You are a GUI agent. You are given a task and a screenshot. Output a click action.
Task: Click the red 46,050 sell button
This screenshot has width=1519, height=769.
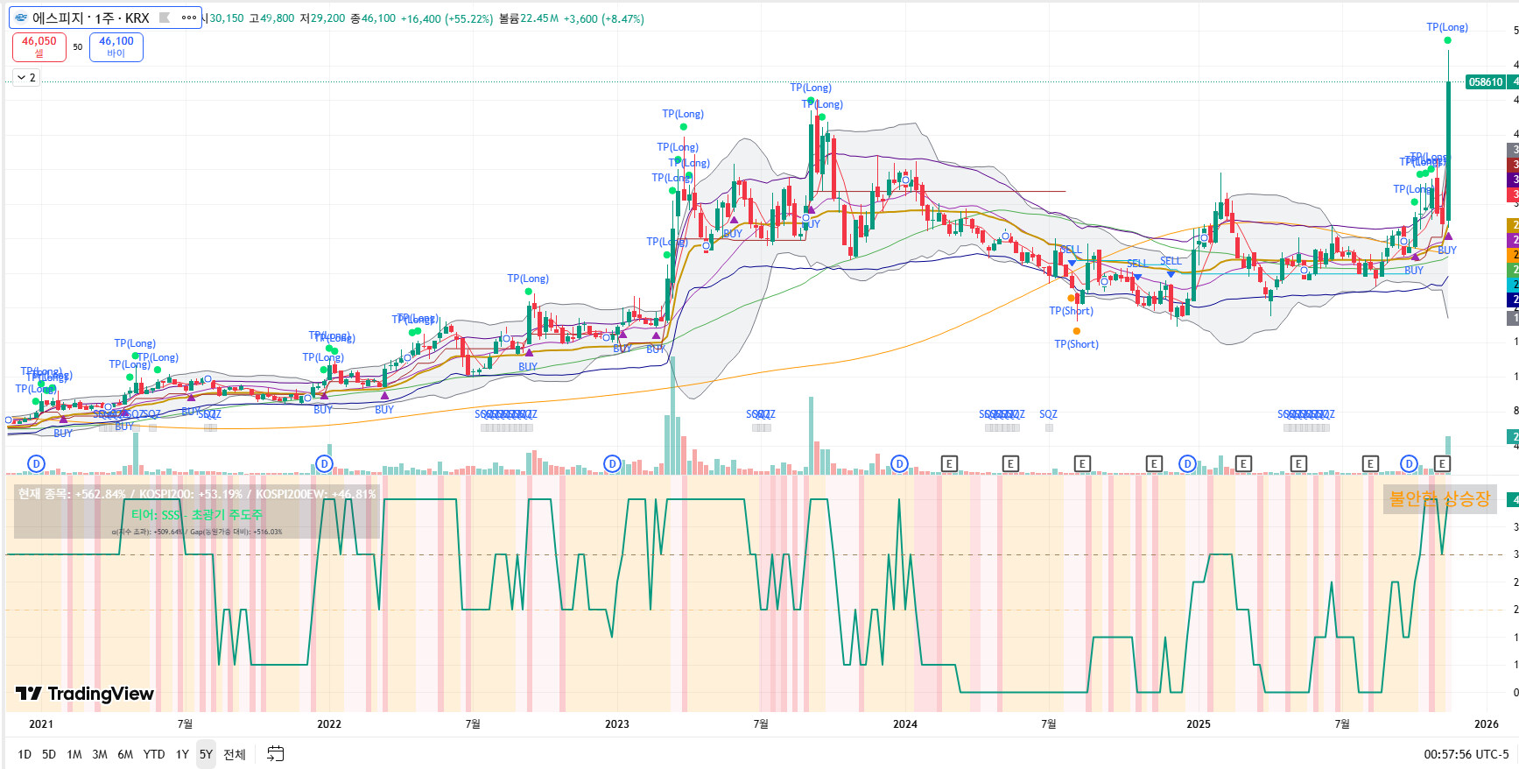(x=39, y=46)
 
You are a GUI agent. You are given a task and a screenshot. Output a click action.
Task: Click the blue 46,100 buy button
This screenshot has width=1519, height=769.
(x=116, y=46)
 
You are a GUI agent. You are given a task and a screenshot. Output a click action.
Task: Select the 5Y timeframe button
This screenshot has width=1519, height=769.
(x=206, y=754)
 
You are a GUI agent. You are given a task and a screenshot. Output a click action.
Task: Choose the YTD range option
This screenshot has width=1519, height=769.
(x=154, y=754)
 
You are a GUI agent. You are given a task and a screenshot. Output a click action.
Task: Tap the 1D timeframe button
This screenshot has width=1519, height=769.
(x=25, y=754)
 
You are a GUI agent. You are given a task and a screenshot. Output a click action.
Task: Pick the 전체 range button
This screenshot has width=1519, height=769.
(x=235, y=754)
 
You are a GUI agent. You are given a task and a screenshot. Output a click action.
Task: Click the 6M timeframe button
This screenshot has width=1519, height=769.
(x=125, y=754)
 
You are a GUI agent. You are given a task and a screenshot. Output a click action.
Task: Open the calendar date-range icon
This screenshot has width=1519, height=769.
(x=275, y=754)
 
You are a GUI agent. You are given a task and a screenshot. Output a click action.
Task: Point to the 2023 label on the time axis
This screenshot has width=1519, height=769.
(x=617, y=723)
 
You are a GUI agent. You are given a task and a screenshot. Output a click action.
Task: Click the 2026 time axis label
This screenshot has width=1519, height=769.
(x=1486, y=723)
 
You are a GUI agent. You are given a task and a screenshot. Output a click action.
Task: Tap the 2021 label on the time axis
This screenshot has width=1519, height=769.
(x=41, y=723)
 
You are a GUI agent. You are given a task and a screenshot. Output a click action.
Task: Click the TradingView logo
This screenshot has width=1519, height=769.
(x=85, y=694)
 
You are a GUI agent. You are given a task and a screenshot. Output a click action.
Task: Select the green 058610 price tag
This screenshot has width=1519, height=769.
(x=1485, y=82)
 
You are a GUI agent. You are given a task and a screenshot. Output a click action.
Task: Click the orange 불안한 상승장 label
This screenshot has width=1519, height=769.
(x=1439, y=499)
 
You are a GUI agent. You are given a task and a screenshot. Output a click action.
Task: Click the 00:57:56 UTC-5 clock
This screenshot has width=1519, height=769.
(x=1466, y=754)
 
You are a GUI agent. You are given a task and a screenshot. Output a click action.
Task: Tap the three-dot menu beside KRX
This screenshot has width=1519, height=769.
(x=189, y=18)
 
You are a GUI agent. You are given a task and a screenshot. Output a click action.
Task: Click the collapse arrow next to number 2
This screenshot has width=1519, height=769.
(x=21, y=78)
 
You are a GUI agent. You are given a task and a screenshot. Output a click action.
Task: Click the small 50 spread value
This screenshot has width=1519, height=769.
(x=78, y=47)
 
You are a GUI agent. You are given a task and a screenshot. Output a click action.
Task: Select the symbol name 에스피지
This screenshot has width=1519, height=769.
(x=59, y=18)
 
